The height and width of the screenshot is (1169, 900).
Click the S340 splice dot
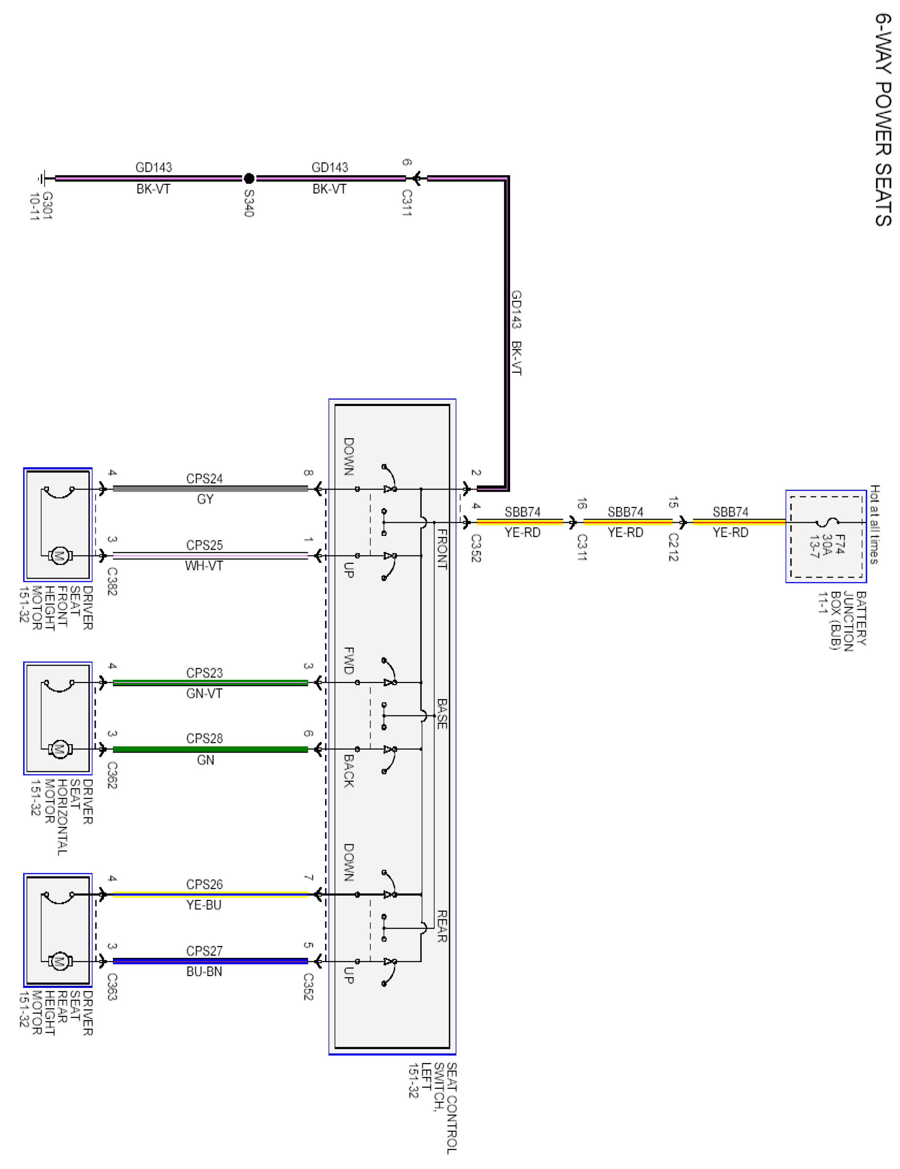point(249,178)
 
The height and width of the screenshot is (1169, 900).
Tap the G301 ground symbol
point(43,178)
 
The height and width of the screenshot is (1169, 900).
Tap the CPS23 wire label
point(204,673)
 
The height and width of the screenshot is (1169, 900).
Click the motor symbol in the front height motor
point(59,556)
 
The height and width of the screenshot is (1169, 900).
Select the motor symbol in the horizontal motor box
point(59,749)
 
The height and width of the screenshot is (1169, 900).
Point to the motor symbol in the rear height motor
point(59,961)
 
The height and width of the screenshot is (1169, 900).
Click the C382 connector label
point(112,581)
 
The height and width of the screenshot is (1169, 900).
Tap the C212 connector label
point(673,547)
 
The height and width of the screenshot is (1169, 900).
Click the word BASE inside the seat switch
point(442,714)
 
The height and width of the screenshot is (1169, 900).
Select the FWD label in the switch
point(349,661)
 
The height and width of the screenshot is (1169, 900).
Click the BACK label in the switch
point(349,771)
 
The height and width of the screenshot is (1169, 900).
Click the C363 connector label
point(112,987)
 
